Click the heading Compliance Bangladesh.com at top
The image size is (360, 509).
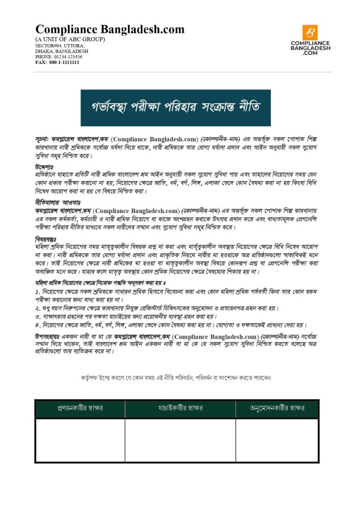click(x=110, y=30)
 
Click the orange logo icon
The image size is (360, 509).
click(x=309, y=32)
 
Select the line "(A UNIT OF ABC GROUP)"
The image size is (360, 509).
click(x=70, y=39)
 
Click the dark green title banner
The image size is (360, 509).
click(x=175, y=107)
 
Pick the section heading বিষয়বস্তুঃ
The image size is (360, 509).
click(x=45, y=238)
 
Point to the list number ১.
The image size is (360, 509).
click(x=37, y=291)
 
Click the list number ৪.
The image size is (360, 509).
click(x=37, y=325)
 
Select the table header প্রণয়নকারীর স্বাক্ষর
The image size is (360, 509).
click(x=80, y=408)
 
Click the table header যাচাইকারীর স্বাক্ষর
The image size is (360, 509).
click(x=180, y=408)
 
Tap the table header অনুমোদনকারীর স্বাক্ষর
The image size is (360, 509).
click(x=277, y=408)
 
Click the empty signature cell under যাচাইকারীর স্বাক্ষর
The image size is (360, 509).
click(x=180, y=440)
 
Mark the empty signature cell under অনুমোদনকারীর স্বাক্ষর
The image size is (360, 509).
click(x=277, y=440)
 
